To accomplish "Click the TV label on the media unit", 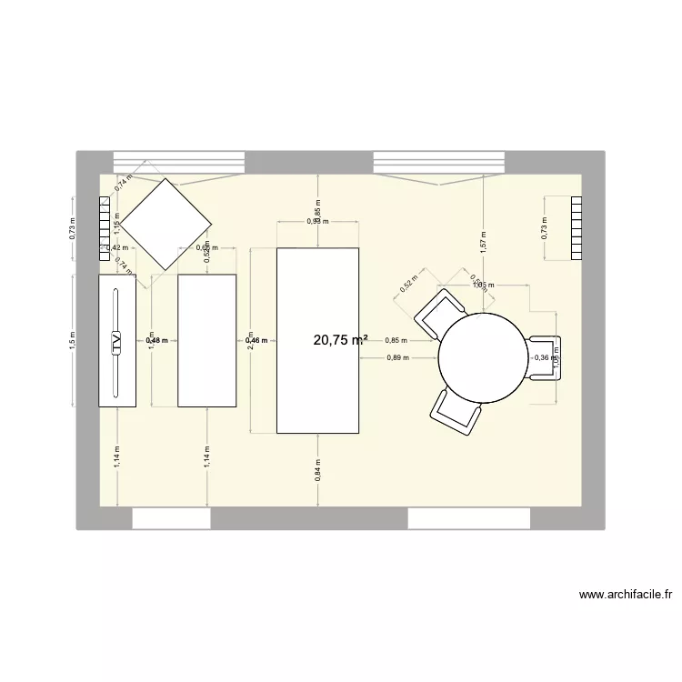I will pos(116,342).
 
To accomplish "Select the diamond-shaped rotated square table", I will pos(166,224).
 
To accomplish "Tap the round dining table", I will pos(484,357).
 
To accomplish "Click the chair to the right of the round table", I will pos(548,357).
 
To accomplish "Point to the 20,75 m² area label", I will pos(340,340).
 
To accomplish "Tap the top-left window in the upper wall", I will pos(178,162).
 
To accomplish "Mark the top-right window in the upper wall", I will pos(439,162).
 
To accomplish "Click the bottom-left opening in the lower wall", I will pos(172,518).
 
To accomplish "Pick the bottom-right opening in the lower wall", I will pos(469,518).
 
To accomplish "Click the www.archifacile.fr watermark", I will pos(626,597).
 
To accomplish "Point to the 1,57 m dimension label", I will pos(483,240).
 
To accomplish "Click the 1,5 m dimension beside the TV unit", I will pos(72,339).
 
